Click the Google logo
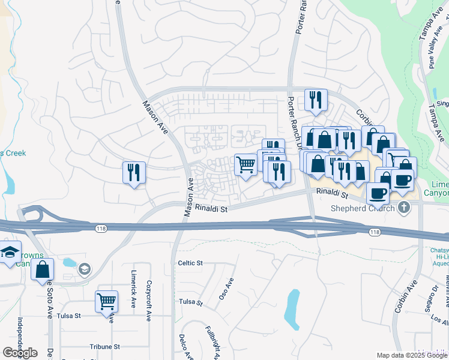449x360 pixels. click(20, 353)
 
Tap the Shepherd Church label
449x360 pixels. click(363, 208)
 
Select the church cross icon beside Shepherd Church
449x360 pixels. click(404, 208)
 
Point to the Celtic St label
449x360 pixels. click(190, 263)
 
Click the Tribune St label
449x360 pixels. click(105, 347)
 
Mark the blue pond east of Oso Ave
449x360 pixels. click(292, 310)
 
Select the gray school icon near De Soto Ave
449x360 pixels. click(84, 268)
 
